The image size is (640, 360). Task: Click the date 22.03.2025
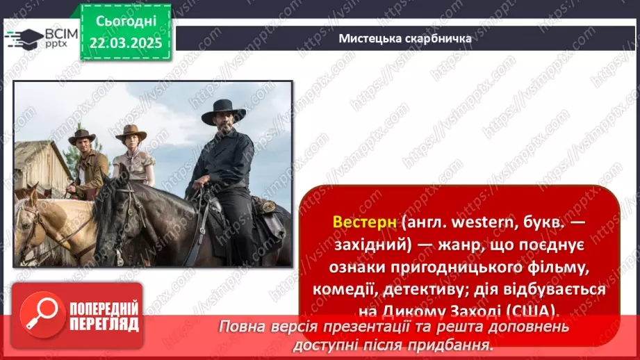[x=126, y=43]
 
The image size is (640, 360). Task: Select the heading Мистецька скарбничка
[x=404, y=38]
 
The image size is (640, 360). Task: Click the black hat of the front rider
[x=223, y=111]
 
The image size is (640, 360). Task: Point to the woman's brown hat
[x=131, y=131]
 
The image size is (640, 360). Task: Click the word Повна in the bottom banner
[x=243, y=327]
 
